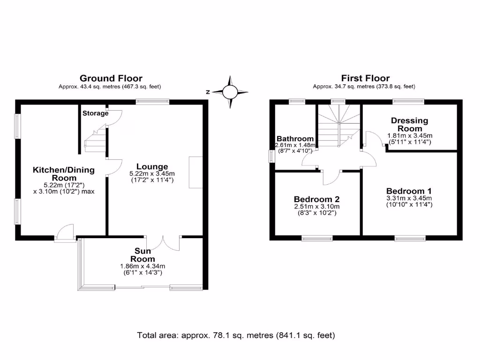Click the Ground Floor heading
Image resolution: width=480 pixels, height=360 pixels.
pos(111,78)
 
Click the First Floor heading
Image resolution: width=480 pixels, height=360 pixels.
pos(365,78)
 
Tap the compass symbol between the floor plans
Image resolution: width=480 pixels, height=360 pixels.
pos(230,92)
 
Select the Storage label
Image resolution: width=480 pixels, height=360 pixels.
pos(95,113)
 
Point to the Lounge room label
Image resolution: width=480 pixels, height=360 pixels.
pos(152,166)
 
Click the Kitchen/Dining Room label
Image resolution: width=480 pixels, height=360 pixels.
pos(63,174)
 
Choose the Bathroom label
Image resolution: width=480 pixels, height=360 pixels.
pos(295,139)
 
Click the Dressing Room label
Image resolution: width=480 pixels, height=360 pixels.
pos(410,124)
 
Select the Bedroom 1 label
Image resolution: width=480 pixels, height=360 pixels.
pos(409,191)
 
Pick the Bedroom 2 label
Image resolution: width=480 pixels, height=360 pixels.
pos(316,199)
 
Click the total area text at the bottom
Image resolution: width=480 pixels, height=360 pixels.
pos(236,335)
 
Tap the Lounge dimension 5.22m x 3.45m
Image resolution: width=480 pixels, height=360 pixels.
pos(152,173)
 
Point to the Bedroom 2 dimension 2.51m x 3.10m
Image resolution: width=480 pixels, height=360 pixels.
pos(316,206)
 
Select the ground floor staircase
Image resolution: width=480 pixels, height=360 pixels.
pos(95,141)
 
